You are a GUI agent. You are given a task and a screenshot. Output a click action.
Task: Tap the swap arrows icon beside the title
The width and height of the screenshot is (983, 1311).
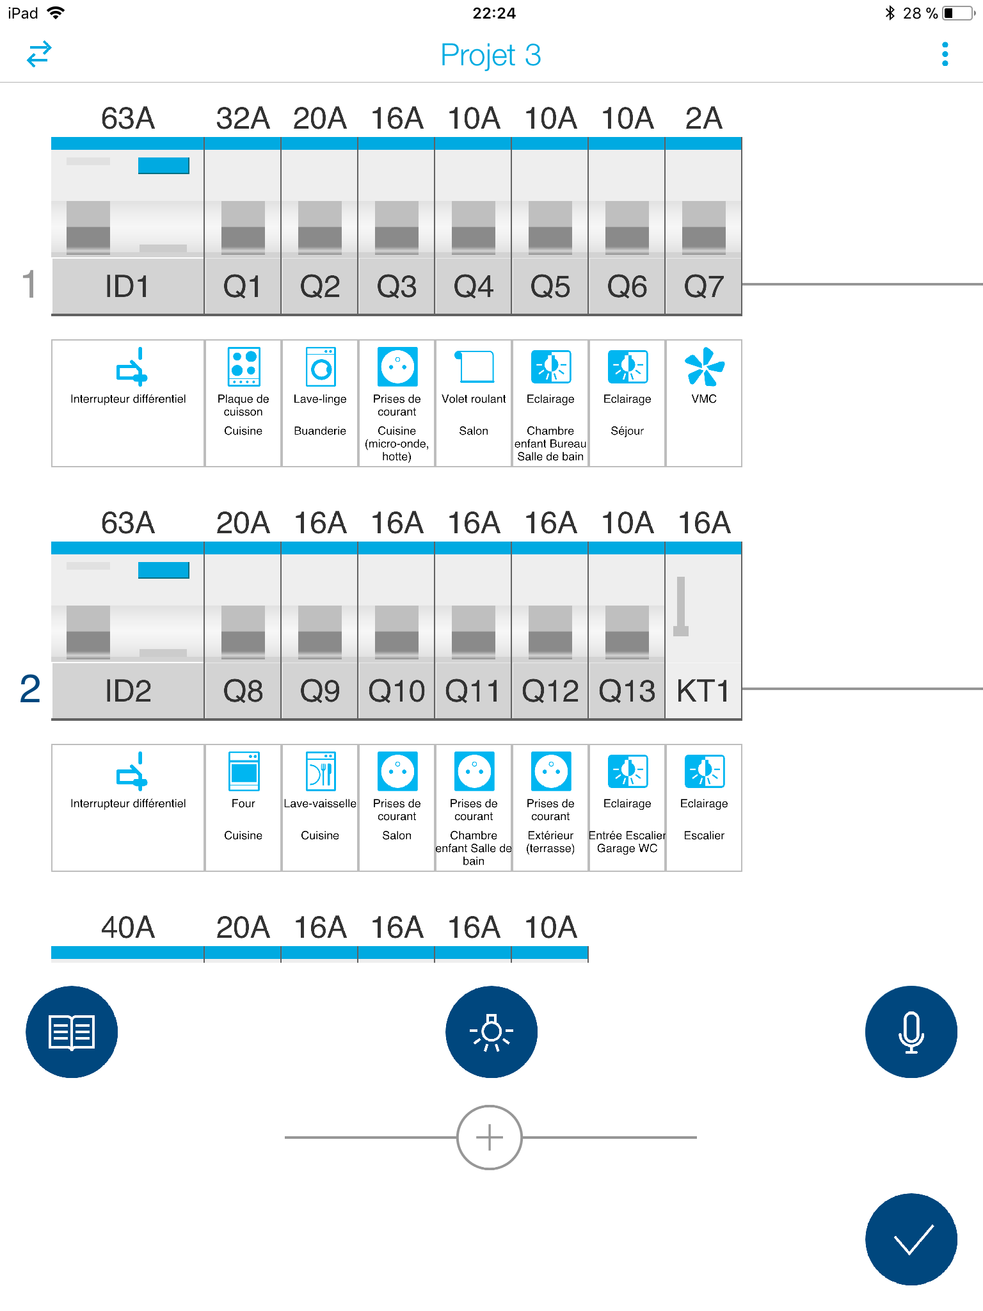pos(39,54)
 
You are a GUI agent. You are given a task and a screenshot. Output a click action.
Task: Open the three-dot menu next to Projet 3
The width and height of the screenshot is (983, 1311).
pos(945,54)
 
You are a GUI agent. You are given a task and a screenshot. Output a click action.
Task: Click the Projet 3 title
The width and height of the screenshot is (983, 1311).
pos(491,55)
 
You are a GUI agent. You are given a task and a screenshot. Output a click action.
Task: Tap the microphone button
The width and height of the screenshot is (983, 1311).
pos(911,1031)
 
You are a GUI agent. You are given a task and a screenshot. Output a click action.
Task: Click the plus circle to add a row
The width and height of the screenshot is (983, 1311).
pos(490,1137)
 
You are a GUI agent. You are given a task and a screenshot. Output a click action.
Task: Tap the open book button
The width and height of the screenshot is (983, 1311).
pos(72,1031)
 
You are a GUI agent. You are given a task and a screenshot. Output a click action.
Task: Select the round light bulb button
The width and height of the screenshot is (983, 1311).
pos(491,1031)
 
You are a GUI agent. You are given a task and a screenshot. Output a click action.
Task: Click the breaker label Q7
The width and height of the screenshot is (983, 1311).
pos(703,286)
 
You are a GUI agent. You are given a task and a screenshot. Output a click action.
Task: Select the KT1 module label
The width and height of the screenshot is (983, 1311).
pos(703,691)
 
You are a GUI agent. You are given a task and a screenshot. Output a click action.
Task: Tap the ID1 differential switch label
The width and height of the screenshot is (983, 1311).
pos(127,286)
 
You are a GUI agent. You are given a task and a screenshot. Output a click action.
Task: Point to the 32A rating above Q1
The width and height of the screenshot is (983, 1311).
pos(243,118)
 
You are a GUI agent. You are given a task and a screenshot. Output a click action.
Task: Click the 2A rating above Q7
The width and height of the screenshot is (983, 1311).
pos(703,118)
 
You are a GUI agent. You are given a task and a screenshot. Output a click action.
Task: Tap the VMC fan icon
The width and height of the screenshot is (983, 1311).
pos(704,367)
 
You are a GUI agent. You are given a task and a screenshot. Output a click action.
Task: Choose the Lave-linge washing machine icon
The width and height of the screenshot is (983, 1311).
pos(321,367)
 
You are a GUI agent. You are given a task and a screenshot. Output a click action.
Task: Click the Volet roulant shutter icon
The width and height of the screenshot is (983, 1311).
pos(474,367)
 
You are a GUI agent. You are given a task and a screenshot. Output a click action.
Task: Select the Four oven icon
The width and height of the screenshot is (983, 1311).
pos(244,771)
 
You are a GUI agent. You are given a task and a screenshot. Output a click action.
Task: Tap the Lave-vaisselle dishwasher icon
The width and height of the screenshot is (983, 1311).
pos(321,771)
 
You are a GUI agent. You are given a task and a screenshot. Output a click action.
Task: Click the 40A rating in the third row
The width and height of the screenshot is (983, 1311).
pos(128,928)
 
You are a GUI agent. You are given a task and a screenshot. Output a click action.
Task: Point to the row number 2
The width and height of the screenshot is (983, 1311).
pos(30,689)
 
